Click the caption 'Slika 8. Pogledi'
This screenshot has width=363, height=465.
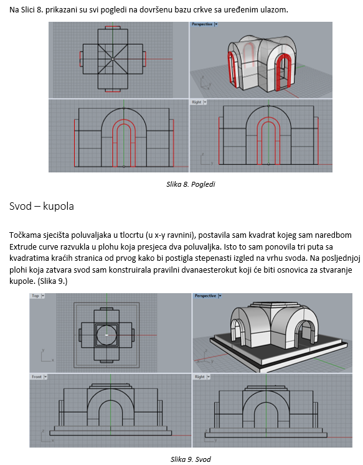click(x=191, y=184)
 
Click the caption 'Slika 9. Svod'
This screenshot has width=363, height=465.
click(x=191, y=459)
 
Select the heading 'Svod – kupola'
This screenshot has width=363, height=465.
click(x=42, y=206)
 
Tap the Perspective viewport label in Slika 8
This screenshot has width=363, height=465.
click(x=202, y=24)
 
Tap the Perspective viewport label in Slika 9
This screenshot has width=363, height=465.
click(x=205, y=296)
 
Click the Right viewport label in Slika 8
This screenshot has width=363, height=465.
click(x=196, y=102)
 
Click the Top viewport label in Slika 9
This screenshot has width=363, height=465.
click(x=35, y=296)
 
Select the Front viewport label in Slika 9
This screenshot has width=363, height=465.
click(x=37, y=377)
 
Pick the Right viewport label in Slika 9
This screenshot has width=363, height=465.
click(x=200, y=377)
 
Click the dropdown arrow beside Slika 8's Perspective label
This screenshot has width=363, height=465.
click(x=216, y=24)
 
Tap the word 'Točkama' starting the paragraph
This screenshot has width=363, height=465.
click(x=24, y=235)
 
